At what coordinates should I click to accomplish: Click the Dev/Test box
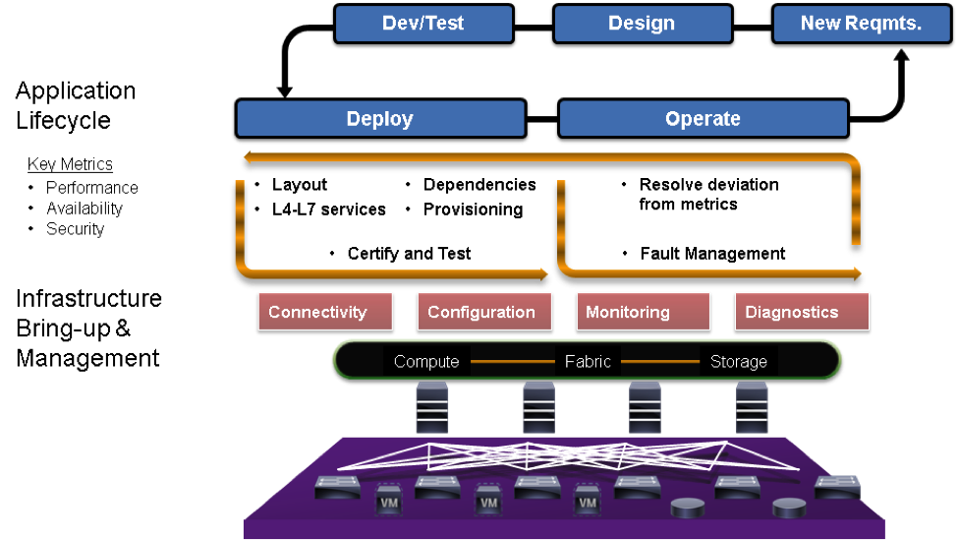pyautogui.click(x=423, y=24)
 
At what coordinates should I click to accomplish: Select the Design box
pyautogui.click(x=641, y=24)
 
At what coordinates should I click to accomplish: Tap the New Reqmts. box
pyautogui.click(x=861, y=24)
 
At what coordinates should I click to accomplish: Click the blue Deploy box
pyautogui.click(x=379, y=119)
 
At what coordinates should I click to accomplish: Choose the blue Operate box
pyautogui.click(x=703, y=119)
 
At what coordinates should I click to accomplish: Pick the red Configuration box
pyautogui.click(x=481, y=313)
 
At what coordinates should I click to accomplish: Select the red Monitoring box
pyautogui.click(x=628, y=313)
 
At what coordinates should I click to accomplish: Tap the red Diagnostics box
pyautogui.click(x=792, y=313)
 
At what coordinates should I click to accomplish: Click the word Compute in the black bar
pyautogui.click(x=426, y=361)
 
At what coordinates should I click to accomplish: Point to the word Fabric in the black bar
pyautogui.click(x=588, y=361)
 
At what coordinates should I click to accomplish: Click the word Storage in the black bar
pyautogui.click(x=738, y=361)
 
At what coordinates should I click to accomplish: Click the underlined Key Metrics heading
pyautogui.click(x=70, y=164)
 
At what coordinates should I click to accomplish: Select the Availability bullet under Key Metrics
pyautogui.click(x=85, y=209)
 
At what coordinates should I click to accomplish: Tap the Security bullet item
pyautogui.click(x=75, y=229)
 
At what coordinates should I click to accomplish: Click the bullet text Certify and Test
pyautogui.click(x=409, y=254)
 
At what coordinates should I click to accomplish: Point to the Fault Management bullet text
pyautogui.click(x=712, y=254)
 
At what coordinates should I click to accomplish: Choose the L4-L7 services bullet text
pyautogui.click(x=329, y=210)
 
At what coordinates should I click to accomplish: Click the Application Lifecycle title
pyautogui.click(x=76, y=105)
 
